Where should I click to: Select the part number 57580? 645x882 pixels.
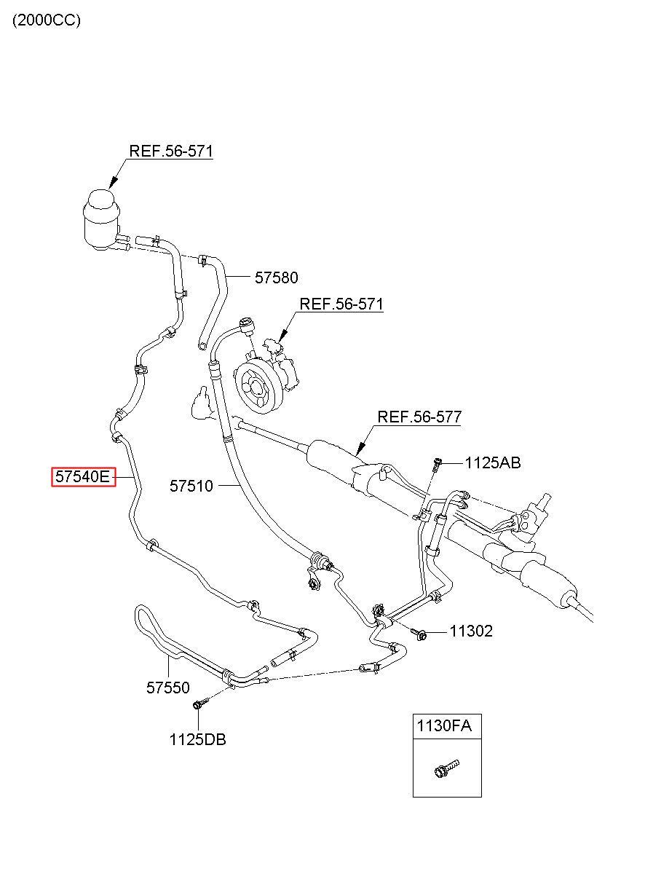pyautogui.click(x=276, y=277)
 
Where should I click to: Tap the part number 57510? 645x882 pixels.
pyautogui.click(x=191, y=486)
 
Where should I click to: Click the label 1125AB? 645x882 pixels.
pyautogui.click(x=493, y=462)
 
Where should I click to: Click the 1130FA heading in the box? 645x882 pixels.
pyautogui.click(x=444, y=725)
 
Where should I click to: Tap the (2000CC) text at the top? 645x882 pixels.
pyautogui.click(x=47, y=20)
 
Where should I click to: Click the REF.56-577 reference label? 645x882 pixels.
pyautogui.click(x=419, y=417)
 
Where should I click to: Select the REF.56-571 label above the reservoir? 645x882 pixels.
pyautogui.click(x=171, y=151)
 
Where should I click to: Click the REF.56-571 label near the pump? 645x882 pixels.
pyautogui.click(x=341, y=304)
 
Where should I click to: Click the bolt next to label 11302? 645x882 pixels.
pyautogui.click(x=419, y=634)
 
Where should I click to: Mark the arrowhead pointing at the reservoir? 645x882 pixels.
pyautogui.click(x=114, y=182)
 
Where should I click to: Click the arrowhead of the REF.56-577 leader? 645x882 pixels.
pyautogui.click(x=360, y=449)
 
